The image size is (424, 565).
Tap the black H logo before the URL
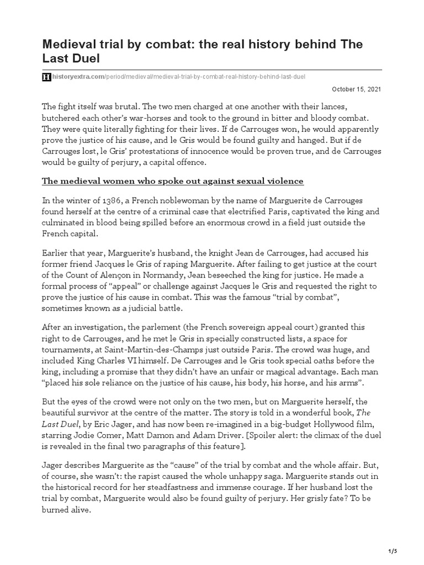(46, 76)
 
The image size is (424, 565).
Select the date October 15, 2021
(356, 89)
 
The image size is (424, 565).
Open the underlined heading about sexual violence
(172, 182)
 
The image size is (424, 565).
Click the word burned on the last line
(57, 511)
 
